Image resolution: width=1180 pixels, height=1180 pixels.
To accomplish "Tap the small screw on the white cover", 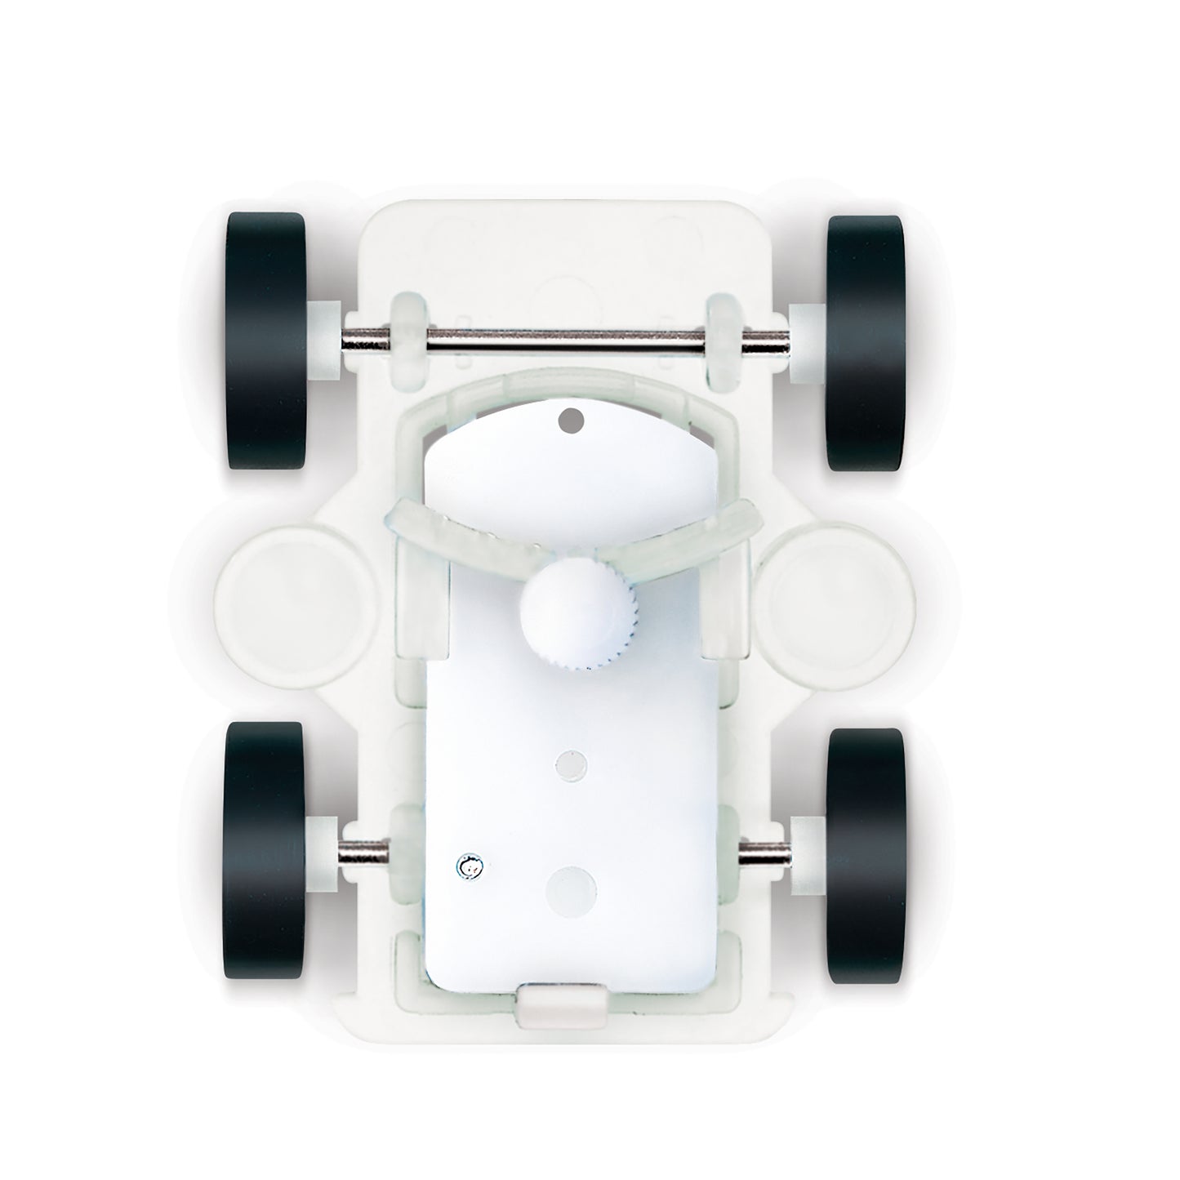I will tap(469, 868).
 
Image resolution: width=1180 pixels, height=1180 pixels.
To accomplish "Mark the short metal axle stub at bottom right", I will tap(763, 854).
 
